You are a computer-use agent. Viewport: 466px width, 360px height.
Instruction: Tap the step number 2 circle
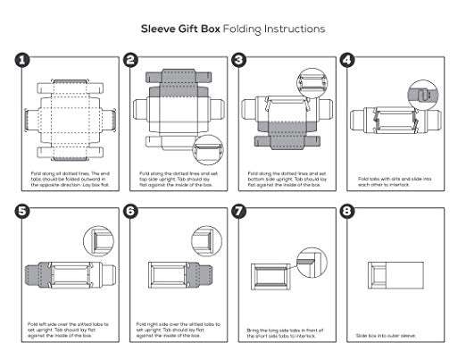click(130, 60)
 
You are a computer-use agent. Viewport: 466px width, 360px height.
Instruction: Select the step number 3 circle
click(238, 60)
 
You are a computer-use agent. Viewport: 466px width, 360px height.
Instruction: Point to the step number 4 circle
click(347, 60)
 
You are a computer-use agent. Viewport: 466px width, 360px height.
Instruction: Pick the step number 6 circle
click(130, 213)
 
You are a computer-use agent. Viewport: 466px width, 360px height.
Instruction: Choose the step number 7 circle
click(238, 213)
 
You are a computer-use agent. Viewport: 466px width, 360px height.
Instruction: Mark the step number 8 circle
click(347, 213)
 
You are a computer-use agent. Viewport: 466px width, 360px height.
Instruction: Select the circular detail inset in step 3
click(312, 83)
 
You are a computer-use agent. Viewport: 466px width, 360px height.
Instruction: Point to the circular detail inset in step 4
click(418, 93)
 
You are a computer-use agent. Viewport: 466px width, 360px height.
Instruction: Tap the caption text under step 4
click(393, 180)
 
